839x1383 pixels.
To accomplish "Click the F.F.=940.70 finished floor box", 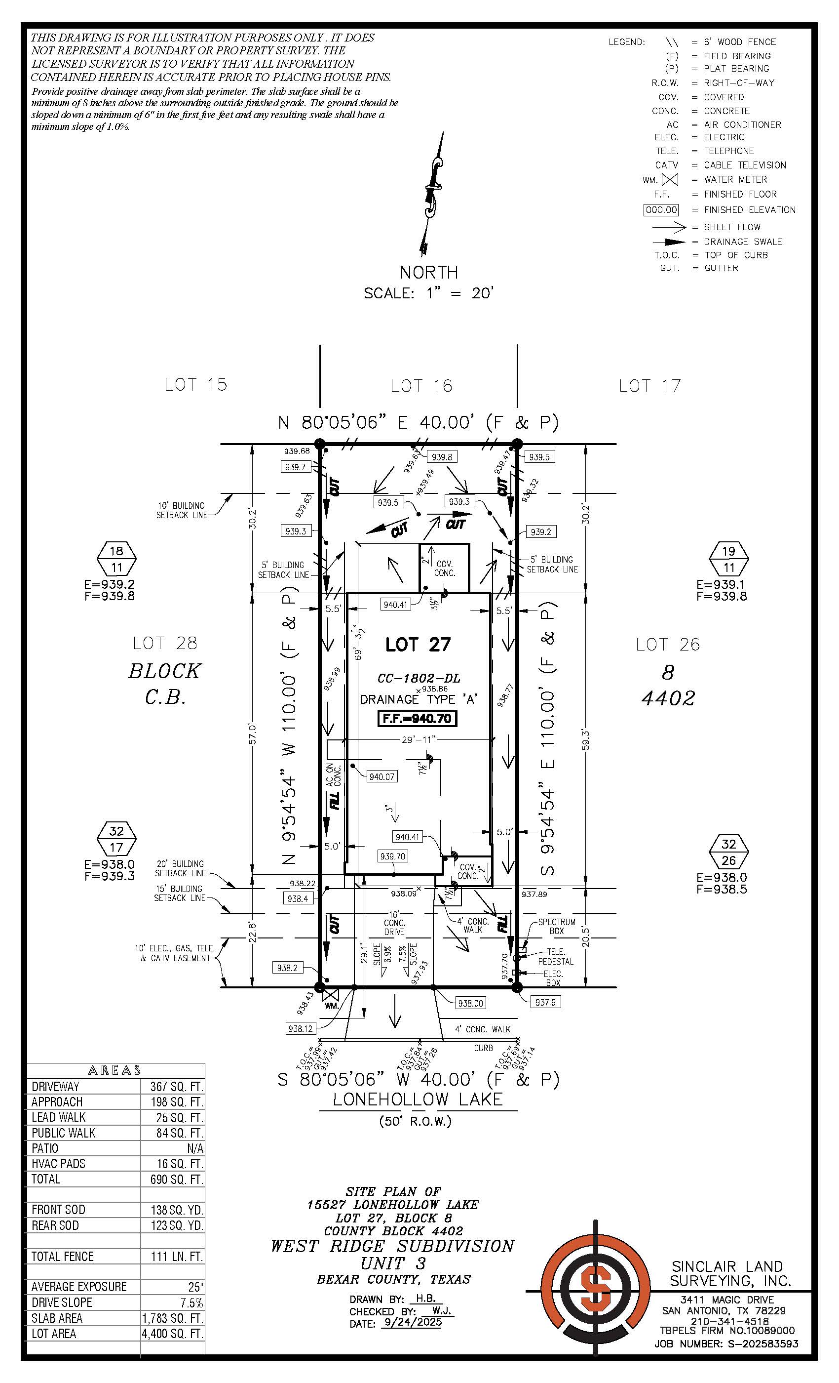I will click(417, 719).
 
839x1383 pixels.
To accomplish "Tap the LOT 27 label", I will click(418, 645).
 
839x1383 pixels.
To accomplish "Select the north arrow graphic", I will click(432, 194).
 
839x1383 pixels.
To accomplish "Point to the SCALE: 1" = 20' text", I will click(428, 293).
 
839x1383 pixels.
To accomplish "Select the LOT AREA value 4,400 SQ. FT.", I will click(172, 1334).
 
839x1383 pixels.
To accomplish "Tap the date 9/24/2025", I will click(412, 1322).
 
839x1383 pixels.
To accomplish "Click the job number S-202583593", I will click(763, 1343).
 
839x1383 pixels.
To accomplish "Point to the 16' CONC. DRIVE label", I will click(394, 923).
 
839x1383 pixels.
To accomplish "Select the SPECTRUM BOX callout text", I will click(556, 926).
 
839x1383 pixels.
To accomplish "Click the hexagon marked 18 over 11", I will click(116, 559).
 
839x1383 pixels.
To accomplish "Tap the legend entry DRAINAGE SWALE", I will click(744, 242).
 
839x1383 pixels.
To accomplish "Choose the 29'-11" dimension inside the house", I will click(419, 740).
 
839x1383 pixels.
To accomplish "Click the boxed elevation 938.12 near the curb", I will click(300, 1028).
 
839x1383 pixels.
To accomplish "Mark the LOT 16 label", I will click(421, 386).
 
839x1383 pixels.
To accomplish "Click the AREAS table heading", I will click(114, 1070).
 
